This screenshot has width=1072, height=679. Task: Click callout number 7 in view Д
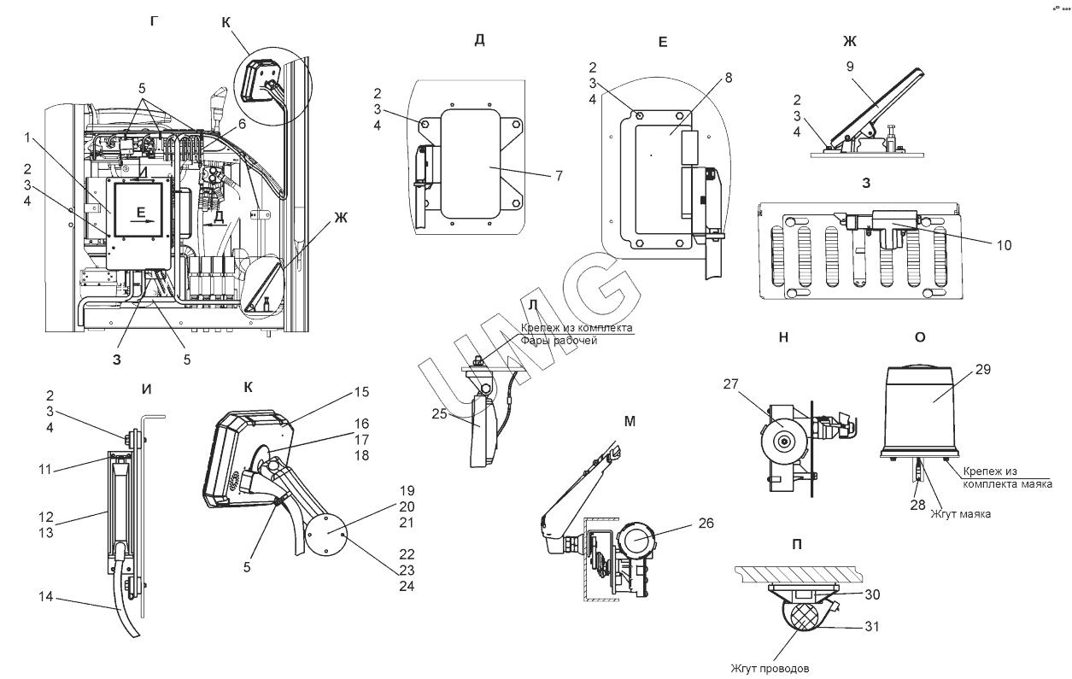[x=559, y=176]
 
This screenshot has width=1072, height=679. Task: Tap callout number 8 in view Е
[x=729, y=78]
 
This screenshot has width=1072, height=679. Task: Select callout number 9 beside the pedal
[x=849, y=66]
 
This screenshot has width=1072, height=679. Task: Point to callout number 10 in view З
[x=1004, y=245]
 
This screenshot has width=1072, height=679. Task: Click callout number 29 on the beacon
[x=983, y=369]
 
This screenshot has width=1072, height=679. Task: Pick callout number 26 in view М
[x=706, y=523]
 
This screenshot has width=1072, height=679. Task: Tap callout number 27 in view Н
[x=731, y=383]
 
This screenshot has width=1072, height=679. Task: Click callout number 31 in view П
[x=872, y=626]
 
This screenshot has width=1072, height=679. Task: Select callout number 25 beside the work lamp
[x=439, y=413]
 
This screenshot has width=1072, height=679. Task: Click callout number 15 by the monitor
[x=361, y=392]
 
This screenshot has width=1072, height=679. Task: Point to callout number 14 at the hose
[x=46, y=596]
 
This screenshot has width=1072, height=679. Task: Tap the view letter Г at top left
[x=154, y=21]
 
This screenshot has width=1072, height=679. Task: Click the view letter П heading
[x=796, y=545]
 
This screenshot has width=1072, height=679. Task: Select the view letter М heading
[x=630, y=421]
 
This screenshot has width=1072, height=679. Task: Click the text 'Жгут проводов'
[x=770, y=668]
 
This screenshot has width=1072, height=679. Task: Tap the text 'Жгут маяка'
[x=960, y=514]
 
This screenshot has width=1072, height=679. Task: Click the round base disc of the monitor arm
[x=326, y=535]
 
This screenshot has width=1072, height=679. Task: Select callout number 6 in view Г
[x=242, y=124]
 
